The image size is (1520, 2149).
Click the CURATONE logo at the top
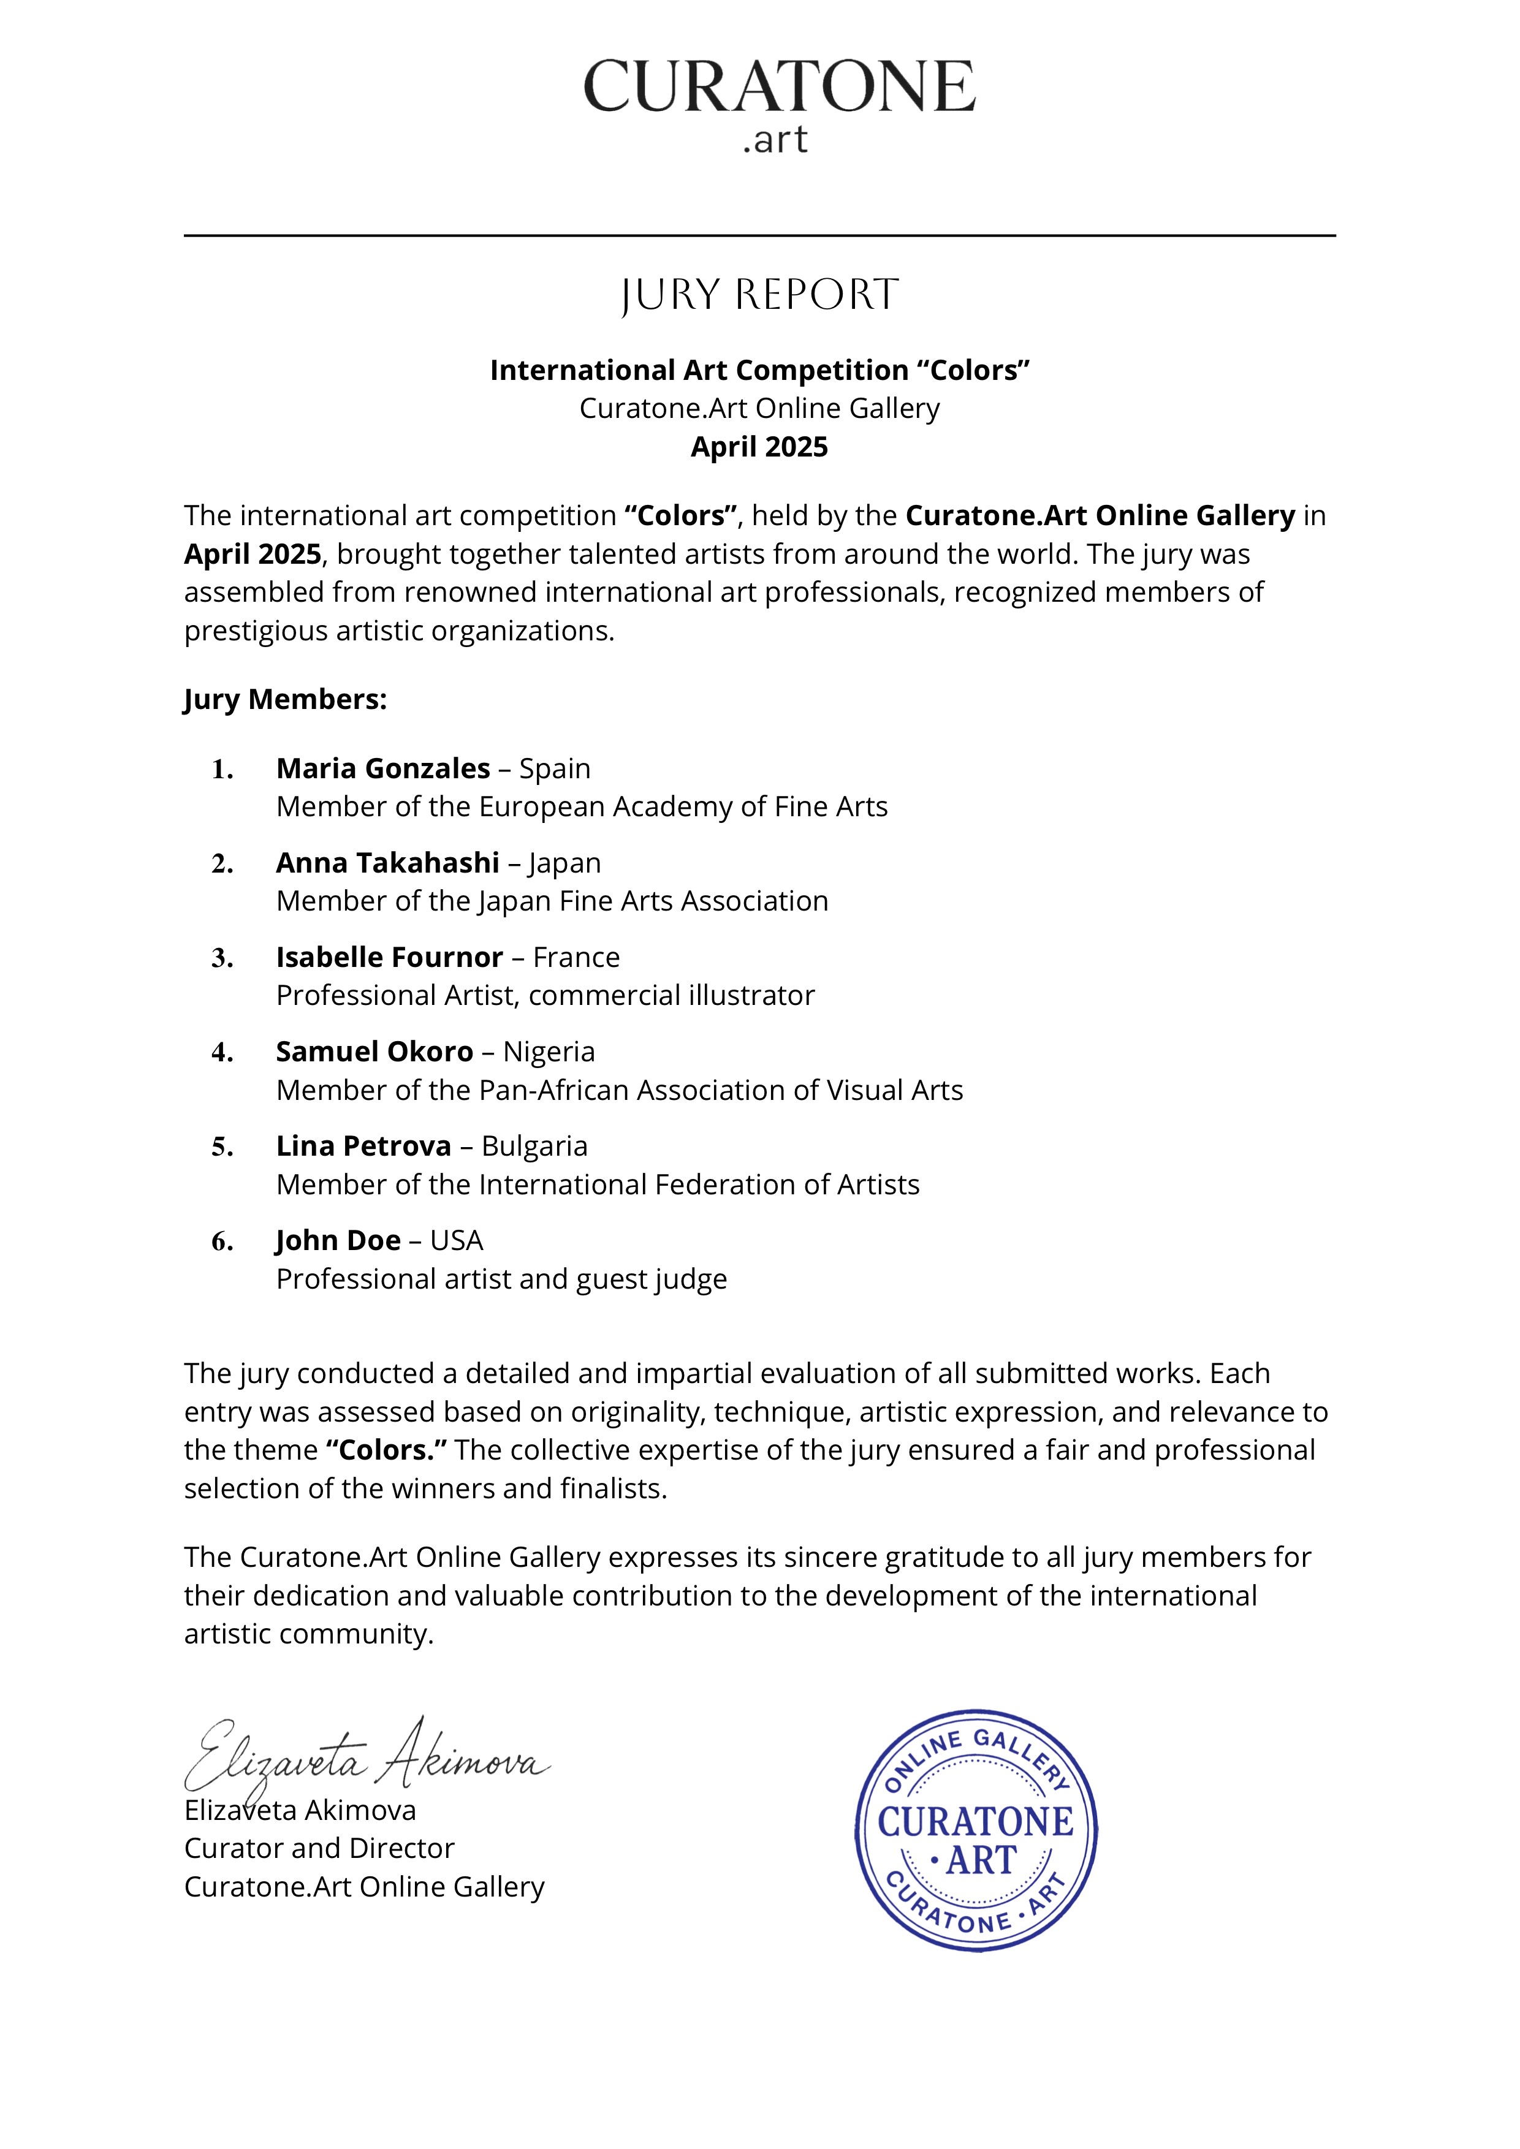point(779,101)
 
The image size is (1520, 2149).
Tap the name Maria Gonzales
point(383,768)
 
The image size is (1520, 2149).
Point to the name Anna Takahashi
point(387,862)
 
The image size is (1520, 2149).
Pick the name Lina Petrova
point(363,1146)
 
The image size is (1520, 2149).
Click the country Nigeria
point(549,1052)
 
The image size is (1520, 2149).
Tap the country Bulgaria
point(534,1147)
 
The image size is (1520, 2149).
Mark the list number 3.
point(222,958)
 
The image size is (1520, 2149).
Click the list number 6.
point(222,1242)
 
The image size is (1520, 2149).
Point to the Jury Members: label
point(286,700)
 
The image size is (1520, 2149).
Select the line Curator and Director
point(319,1849)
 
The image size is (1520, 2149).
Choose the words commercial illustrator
point(671,995)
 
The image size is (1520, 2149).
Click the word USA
point(457,1241)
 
